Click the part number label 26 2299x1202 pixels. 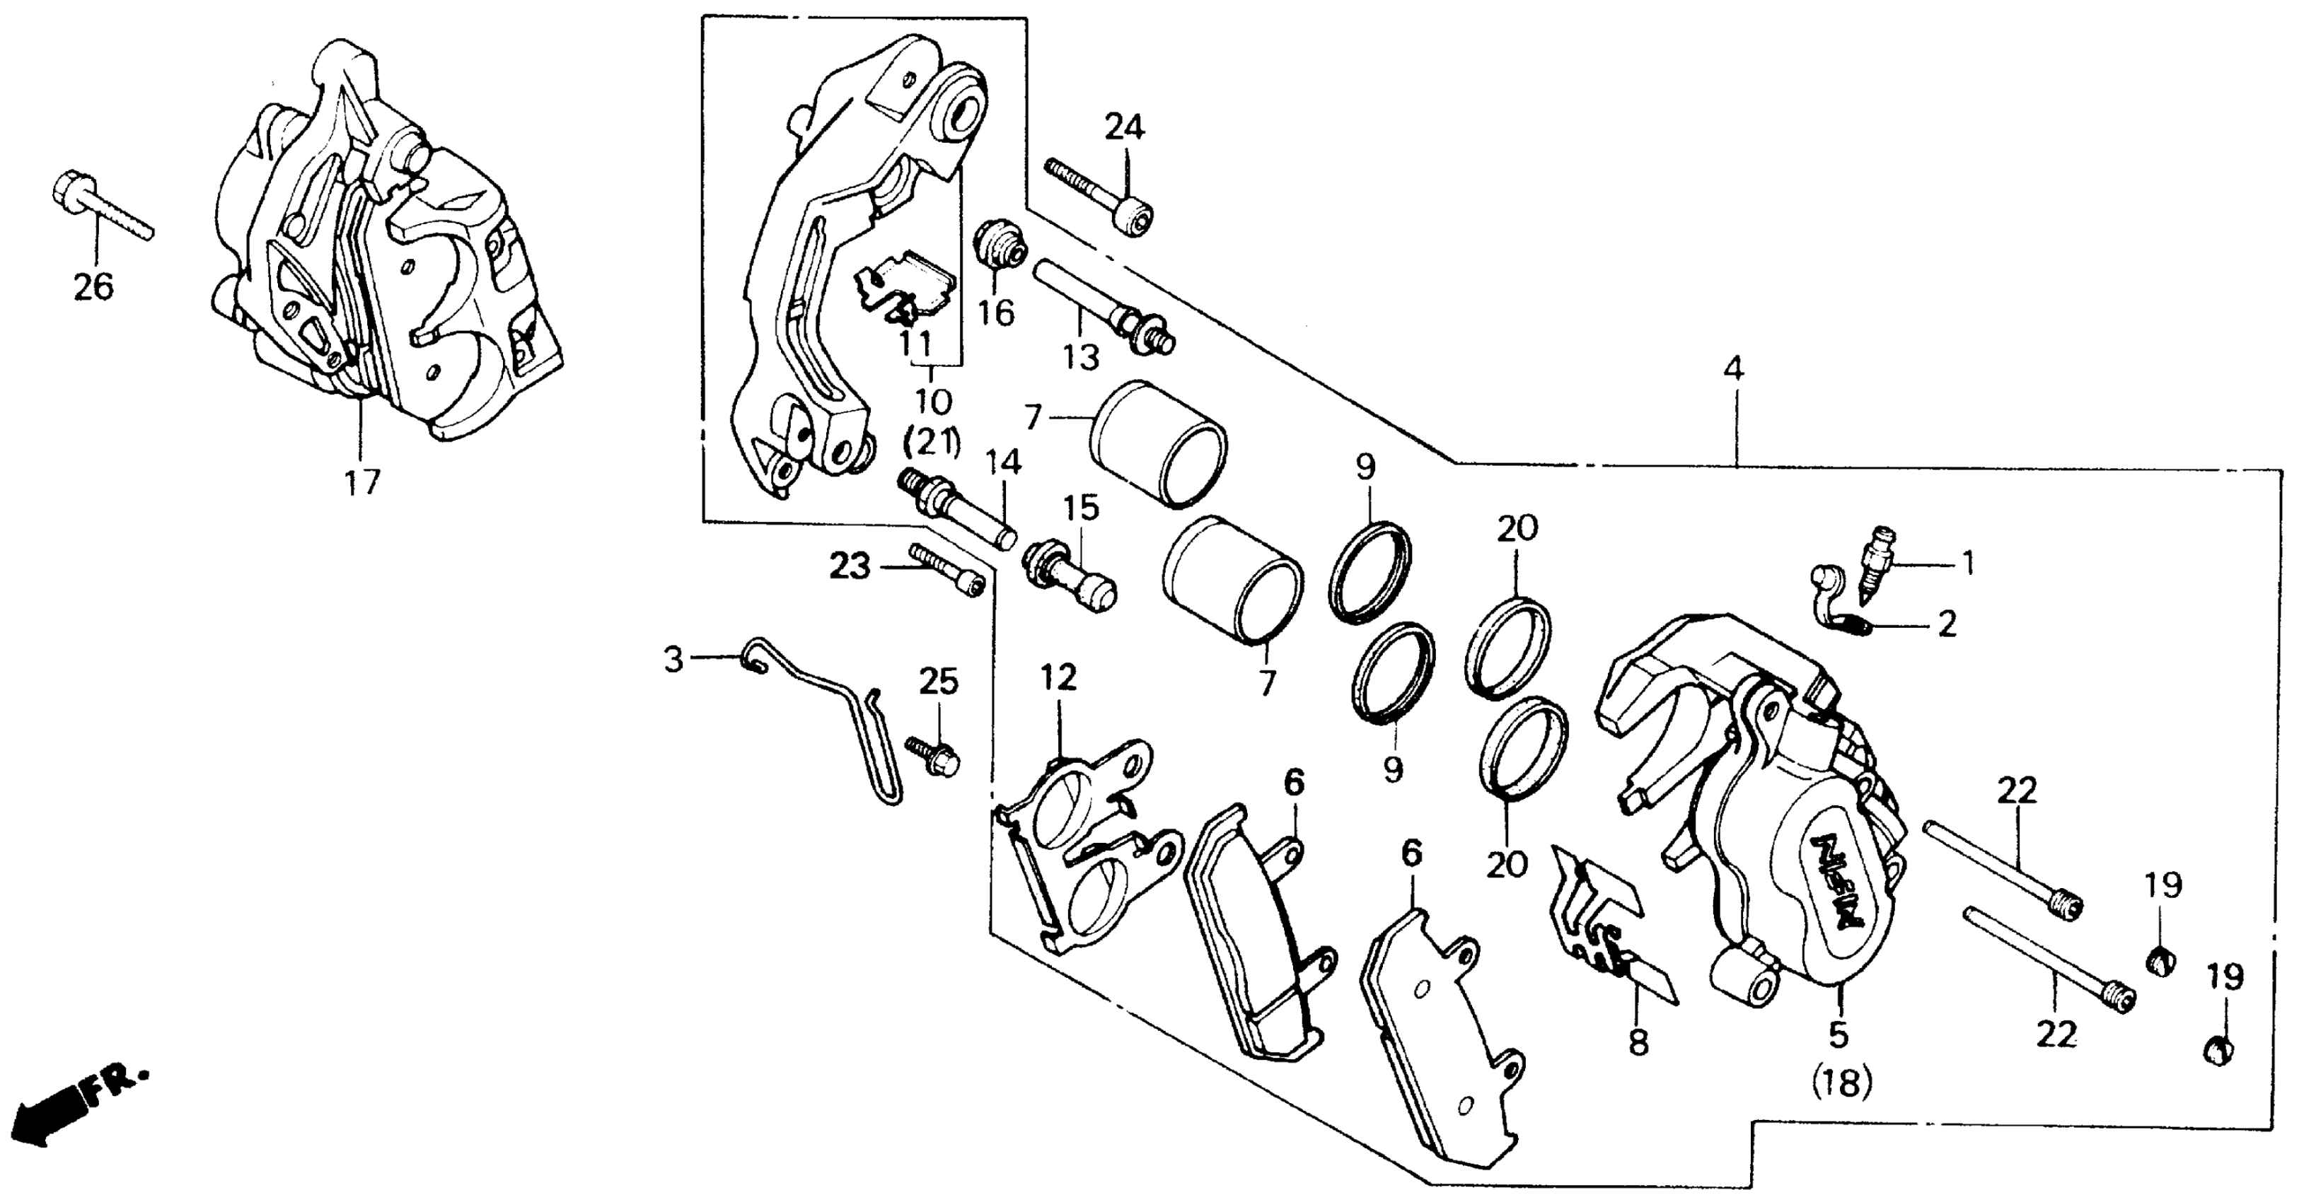pos(93,287)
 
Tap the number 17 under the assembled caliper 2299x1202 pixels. pos(363,482)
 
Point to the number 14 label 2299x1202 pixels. pos(1003,462)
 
